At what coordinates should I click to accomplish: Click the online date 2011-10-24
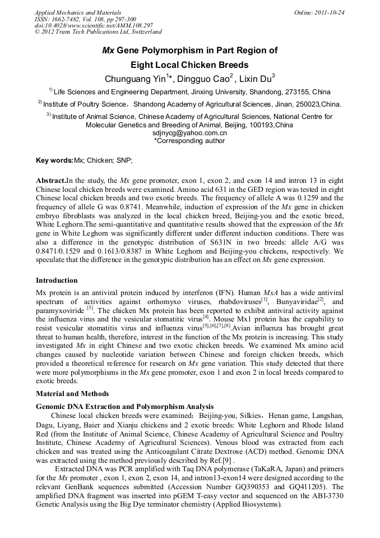(x=330, y=12)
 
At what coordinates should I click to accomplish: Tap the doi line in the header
(x=93, y=26)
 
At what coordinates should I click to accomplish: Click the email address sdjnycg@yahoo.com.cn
(x=189, y=134)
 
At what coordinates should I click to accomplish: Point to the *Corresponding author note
(x=189, y=141)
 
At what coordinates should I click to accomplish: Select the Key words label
(x=54, y=161)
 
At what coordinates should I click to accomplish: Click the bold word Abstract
(x=50, y=181)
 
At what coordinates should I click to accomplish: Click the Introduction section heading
(x=57, y=280)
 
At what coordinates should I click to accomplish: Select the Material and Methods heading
(x=72, y=394)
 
